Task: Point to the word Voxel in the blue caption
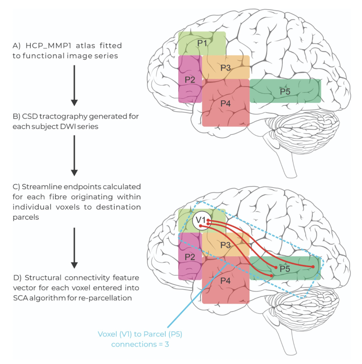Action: coord(108,334)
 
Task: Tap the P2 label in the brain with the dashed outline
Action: coord(190,257)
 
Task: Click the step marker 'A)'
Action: coord(18,46)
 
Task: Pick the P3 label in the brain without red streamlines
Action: coord(226,68)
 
